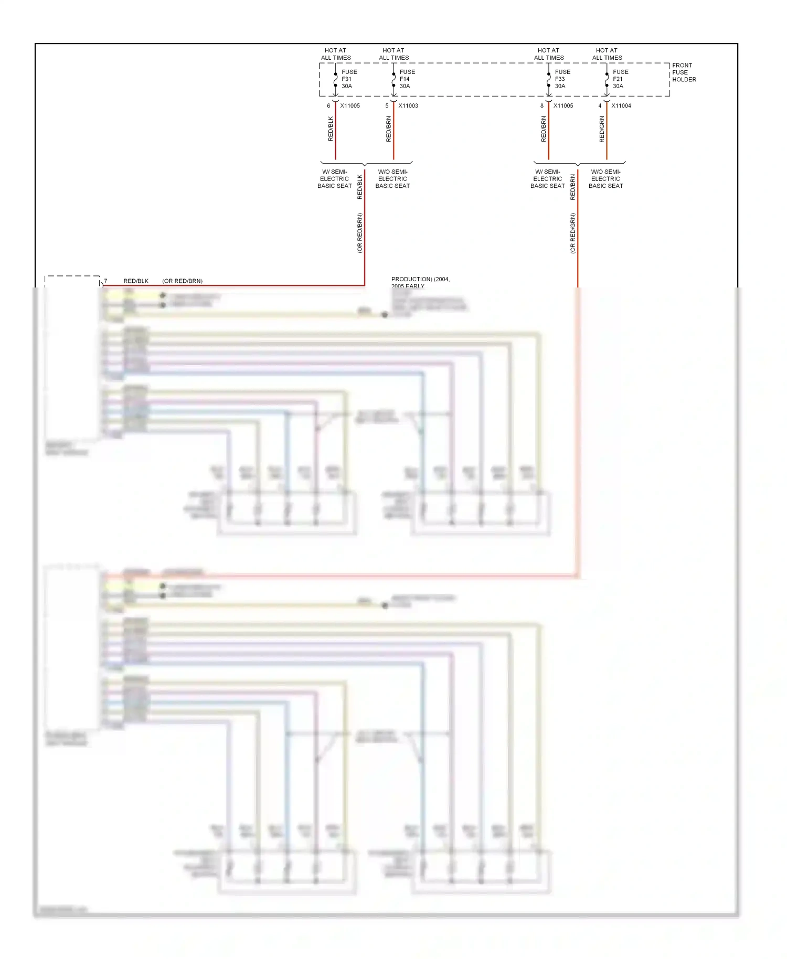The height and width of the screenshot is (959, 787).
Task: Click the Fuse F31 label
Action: click(x=349, y=79)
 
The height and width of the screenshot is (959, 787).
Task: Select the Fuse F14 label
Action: click(x=407, y=79)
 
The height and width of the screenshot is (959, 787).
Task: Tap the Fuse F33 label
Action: click(x=562, y=79)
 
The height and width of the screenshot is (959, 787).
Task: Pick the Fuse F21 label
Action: click(x=620, y=79)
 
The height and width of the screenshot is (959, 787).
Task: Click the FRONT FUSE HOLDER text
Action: click(x=684, y=72)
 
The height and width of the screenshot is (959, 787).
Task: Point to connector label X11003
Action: click(x=408, y=106)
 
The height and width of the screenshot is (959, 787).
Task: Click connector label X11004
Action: click(x=621, y=106)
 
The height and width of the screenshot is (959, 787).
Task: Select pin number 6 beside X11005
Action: click(x=329, y=106)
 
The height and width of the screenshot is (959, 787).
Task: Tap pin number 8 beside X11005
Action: click(x=542, y=106)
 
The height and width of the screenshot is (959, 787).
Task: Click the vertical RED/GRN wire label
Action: click(x=602, y=130)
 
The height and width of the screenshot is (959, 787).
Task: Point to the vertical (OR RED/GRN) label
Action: click(x=573, y=233)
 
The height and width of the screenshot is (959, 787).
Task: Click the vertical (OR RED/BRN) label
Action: click(x=360, y=233)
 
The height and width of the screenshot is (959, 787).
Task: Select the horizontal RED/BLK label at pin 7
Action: click(x=136, y=281)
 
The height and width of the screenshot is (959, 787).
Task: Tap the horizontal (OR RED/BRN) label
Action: click(x=182, y=281)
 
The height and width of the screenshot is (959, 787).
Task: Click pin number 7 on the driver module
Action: click(x=105, y=281)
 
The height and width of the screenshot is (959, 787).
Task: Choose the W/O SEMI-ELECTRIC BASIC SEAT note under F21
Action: click(x=605, y=179)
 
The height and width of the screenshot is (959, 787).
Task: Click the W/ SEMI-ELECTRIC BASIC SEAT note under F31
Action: click(x=335, y=179)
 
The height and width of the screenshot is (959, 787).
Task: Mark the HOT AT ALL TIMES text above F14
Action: click(x=393, y=54)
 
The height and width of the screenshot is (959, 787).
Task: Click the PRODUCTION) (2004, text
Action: click(x=420, y=280)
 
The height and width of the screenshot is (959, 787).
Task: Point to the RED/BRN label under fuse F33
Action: click(x=544, y=130)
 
